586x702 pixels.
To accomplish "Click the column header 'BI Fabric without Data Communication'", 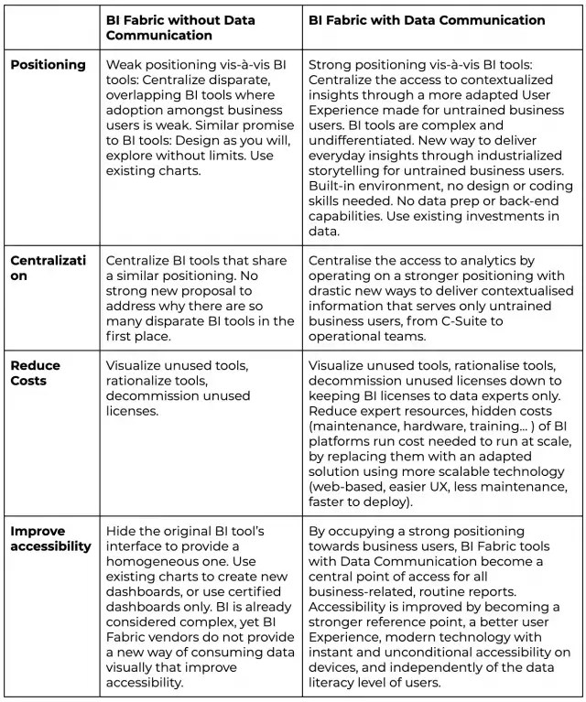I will [180, 27].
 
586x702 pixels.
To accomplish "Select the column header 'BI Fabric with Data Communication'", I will [427, 20].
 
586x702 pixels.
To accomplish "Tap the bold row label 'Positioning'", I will [48, 65].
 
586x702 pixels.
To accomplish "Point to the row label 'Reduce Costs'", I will [36, 373].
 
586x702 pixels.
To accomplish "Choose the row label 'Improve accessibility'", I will [51, 539].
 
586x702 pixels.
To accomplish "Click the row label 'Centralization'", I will [48, 267].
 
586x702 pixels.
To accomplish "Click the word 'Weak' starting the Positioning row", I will [124, 65].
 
